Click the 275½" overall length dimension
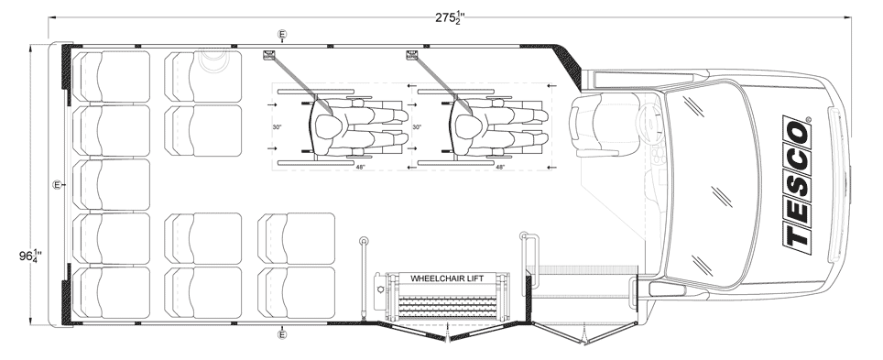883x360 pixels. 449,17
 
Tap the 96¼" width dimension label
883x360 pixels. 30,256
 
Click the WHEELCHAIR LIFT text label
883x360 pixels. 447,278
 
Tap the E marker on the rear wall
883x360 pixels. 57,185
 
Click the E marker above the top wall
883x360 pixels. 282,35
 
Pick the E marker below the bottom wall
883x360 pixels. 282,335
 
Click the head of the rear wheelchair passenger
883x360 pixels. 327,125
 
